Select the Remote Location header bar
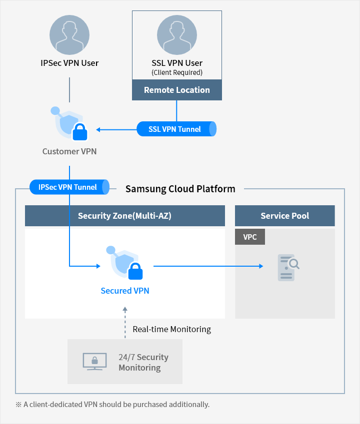(x=177, y=90)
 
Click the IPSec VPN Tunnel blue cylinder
(x=69, y=187)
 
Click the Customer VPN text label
(x=69, y=151)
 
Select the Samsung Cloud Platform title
(x=180, y=189)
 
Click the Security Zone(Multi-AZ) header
(x=124, y=216)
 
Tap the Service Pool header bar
(x=284, y=216)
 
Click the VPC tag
(x=250, y=237)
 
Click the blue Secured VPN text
(x=125, y=291)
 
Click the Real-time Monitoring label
(x=171, y=329)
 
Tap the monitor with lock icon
(x=94, y=362)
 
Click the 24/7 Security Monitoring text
(x=143, y=363)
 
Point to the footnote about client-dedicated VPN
(x=112, y=405)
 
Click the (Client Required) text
(x=177, y=72)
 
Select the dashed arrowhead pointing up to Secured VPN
(x=125, y=311)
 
